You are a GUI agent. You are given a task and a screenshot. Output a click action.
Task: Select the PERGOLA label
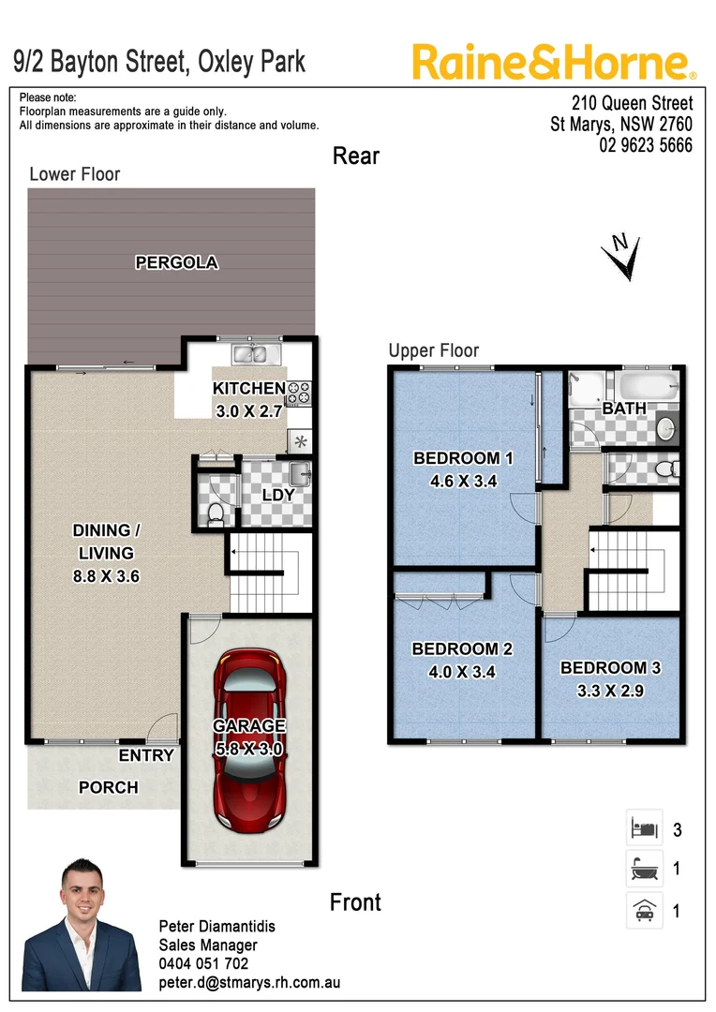176,262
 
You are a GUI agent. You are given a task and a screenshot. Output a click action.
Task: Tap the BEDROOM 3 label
610,668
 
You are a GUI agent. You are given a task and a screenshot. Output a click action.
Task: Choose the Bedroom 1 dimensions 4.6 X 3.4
463,482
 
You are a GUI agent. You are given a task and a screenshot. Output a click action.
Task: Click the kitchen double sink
250,353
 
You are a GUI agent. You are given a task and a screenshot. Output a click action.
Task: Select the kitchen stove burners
298,393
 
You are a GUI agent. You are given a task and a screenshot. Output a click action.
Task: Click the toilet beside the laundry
215,511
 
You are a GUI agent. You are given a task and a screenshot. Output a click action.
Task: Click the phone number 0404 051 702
203,963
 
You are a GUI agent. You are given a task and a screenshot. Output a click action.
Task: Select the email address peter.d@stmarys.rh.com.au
249,983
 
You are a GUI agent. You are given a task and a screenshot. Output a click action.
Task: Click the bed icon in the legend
644,828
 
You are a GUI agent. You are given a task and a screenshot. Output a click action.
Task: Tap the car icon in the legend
644,910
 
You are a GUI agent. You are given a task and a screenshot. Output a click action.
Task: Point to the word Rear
356,156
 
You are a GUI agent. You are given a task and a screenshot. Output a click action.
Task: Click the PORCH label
108,787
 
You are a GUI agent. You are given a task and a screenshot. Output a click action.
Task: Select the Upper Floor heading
434,350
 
